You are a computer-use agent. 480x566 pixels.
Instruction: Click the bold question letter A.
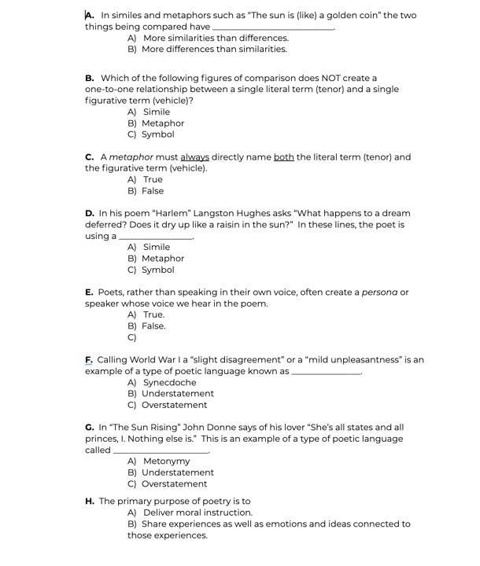tap(90, 15)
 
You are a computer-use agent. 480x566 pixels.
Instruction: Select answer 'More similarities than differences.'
tap(216, 38)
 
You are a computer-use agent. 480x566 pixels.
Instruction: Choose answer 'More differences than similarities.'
tap(214, 49)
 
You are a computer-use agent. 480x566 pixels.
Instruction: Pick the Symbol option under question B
tap(157, 134)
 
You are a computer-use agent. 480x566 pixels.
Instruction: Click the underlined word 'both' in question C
tap(283, 157)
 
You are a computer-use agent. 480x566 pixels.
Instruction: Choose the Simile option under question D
tap(156, 247)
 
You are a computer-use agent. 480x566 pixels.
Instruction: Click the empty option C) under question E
tap(132, 337)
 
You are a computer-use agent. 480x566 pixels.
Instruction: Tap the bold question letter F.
tap(89, 360)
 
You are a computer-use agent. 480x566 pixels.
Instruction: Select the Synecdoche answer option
tap(169, 383)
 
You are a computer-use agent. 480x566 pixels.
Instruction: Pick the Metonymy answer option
tap(166, 461)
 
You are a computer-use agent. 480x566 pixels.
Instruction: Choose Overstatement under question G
tap(174, 484)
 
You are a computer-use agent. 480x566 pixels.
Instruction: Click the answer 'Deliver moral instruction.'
tap(198, 513)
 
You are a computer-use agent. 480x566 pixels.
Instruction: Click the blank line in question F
tap(326, 373)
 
